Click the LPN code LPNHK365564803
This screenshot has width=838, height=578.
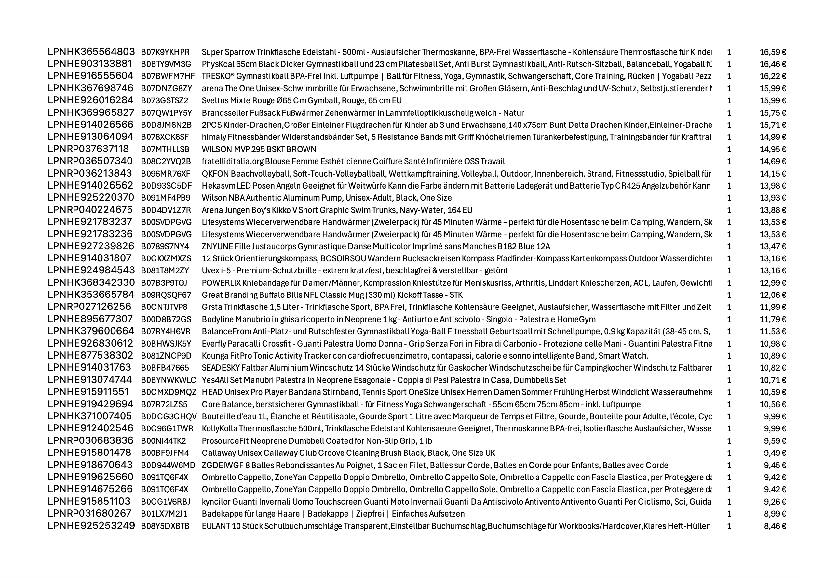coord(91,52)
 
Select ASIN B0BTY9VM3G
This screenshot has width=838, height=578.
coord(166,64)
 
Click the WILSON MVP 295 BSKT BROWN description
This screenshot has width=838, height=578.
coord(259,149)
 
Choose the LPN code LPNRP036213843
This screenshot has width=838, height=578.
coord(90,173)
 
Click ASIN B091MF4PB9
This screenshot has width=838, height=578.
coord(166,198)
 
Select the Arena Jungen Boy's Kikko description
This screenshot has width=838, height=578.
coord(337,210)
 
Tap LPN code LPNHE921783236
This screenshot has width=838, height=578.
coord(90,234)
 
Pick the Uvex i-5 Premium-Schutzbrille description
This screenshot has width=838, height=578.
coord(355,270)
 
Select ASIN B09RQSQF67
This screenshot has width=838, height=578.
coord(166,295)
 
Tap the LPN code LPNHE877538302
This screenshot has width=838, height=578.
coord(90,356)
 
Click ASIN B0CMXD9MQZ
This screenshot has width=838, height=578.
coord(169,392)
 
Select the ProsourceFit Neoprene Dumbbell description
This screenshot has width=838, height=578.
coord(317,441)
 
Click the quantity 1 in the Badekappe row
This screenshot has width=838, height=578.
coord(729,514)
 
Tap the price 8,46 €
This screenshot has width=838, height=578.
coord(775,526)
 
